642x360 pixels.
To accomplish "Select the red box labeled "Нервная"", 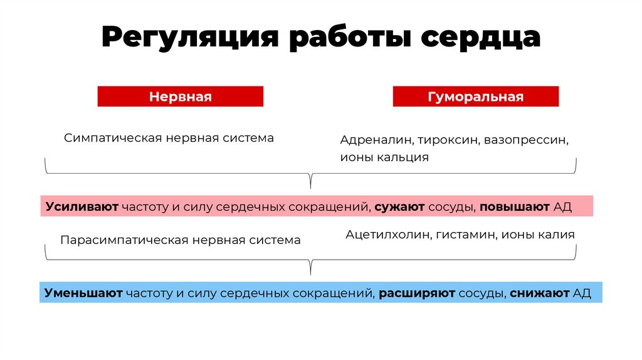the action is pos(180,97).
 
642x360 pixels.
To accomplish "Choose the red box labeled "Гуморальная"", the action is pos(475,97).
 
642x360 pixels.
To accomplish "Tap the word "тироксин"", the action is pos(448,140).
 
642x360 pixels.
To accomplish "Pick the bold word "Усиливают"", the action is pos(82,207).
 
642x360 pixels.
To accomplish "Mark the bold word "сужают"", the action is pos(400,207).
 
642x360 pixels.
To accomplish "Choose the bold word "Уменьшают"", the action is pos(83,293).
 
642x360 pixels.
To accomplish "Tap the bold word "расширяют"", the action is pos(416,293).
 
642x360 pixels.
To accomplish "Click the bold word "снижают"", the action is pos(539,293).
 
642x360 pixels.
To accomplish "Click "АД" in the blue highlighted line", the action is pos(582,293).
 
